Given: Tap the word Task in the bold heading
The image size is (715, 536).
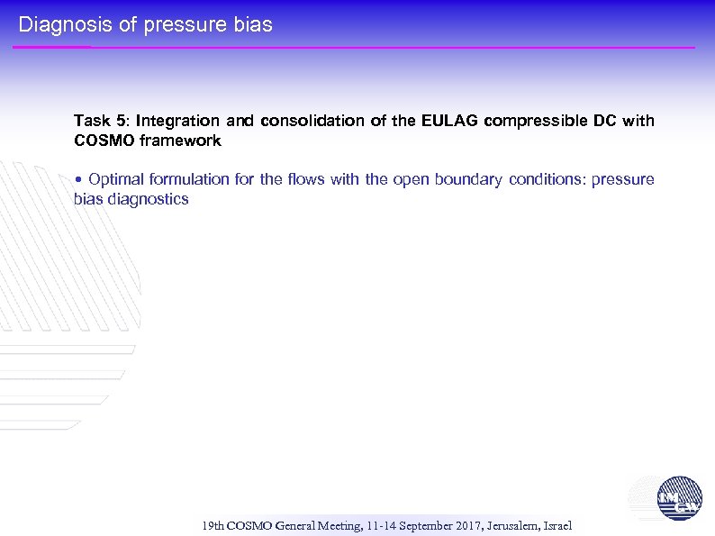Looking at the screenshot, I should click(x=92, y=121).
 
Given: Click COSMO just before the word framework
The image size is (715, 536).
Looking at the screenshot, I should click(x=103, y=141).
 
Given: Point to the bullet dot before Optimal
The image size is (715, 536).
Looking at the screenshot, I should click(x=79, y=180).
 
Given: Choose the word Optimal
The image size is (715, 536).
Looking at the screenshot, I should click(x=114, y=179).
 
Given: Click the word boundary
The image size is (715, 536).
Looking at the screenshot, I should click(x=468, y=179).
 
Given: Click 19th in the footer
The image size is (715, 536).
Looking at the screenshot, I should click(x=214, y=525).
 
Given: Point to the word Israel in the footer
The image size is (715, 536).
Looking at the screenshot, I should click(x=557, y=525).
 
